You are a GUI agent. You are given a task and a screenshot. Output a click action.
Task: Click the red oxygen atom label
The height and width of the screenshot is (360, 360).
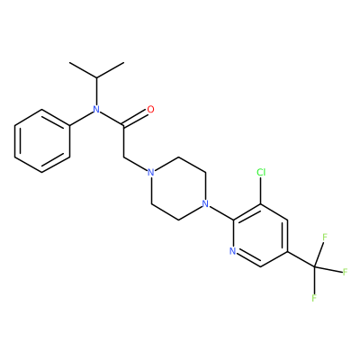(x=151, y=110)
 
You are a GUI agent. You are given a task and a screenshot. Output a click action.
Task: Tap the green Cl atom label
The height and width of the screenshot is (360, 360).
(x=261, y=172)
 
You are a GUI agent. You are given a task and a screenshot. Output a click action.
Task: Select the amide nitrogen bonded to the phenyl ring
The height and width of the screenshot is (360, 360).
(x=96, y=110)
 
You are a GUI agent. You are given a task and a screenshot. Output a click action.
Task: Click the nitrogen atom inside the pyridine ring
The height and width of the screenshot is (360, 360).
(x=233, y=251)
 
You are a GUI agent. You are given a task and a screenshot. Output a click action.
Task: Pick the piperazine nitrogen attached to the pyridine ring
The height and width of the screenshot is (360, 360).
(x=205, y=204)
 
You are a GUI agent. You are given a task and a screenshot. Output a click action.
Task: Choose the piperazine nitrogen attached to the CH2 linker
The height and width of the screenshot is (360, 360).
(x=151, y=173)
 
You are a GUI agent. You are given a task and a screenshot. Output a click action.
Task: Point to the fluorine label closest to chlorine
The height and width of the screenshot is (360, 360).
(x=325, y=237)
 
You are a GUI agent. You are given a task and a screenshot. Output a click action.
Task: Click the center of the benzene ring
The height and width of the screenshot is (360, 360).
(x=42, y=141)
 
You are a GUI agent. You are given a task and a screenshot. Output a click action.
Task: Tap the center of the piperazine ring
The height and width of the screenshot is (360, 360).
(x=178, y=188)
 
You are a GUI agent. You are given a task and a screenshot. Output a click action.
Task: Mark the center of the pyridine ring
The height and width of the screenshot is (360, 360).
(x=260, y=236)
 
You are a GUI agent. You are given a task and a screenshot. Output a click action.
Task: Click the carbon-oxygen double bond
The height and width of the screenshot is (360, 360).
(x=136, y=118)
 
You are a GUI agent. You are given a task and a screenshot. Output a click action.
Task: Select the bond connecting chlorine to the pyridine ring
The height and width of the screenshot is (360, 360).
(x=260, y=191)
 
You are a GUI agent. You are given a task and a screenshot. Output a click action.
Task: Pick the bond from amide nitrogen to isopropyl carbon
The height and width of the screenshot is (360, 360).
(x=96, y=92)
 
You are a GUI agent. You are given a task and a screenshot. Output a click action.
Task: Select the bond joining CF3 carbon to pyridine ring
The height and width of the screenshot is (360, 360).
(x=301, y=259)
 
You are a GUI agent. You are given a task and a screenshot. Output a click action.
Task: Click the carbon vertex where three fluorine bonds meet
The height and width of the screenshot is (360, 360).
(x=315, y=266)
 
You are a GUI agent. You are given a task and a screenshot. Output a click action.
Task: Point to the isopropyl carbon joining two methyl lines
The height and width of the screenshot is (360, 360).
(x=96, y=78)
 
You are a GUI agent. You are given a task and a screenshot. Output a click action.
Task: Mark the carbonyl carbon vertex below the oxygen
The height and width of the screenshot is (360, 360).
(x=123, y=125)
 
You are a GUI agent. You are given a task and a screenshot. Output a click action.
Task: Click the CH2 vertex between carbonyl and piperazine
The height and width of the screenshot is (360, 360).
(x=123, y=157)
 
